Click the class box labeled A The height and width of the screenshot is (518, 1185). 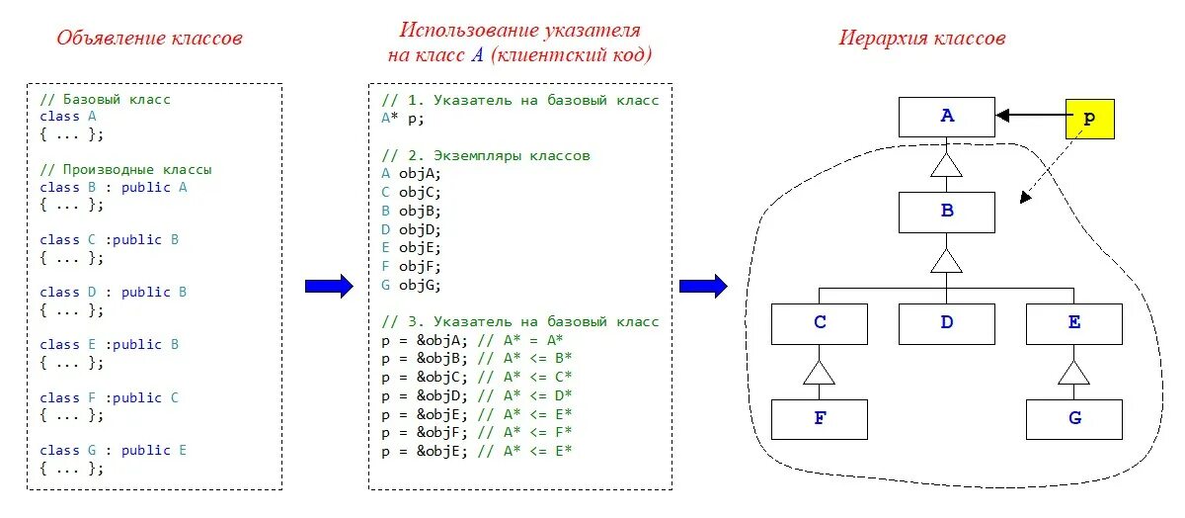pos(946,117)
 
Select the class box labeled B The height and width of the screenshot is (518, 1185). pos(946,212)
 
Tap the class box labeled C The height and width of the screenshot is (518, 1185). pos(819,322)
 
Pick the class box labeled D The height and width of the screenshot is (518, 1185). pos(946,322)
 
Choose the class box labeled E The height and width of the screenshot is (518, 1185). pos(1073,322)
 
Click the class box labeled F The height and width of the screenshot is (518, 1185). pos(819,418)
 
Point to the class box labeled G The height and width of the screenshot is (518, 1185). pos(1073,418)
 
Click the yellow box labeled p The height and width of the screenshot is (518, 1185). pos(1089,118)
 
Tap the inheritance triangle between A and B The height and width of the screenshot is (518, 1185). pos(946,165)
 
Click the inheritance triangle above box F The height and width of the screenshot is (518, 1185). pos(819,373)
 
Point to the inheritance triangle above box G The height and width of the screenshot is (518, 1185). pos(1073,373)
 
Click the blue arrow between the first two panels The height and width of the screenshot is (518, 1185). pos(329,287)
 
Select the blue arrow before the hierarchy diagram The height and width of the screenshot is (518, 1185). pos(703,287)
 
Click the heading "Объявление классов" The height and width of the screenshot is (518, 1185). pos(149,39)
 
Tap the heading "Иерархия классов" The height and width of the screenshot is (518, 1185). pos(922,39)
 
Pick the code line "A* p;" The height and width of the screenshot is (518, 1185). pos(403,117)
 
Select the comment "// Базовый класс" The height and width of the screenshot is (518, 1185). pos(106,100)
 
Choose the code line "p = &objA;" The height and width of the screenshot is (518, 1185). pos(425,339)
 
